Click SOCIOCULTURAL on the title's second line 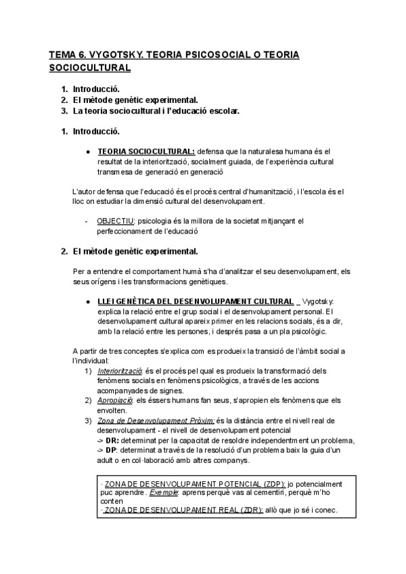(90, 68)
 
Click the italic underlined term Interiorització (120, 371)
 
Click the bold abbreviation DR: (114, 441)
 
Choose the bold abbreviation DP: (114, 451)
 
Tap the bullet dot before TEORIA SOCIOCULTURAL (88, 152)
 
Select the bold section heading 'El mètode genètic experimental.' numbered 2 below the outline (135, 252)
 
